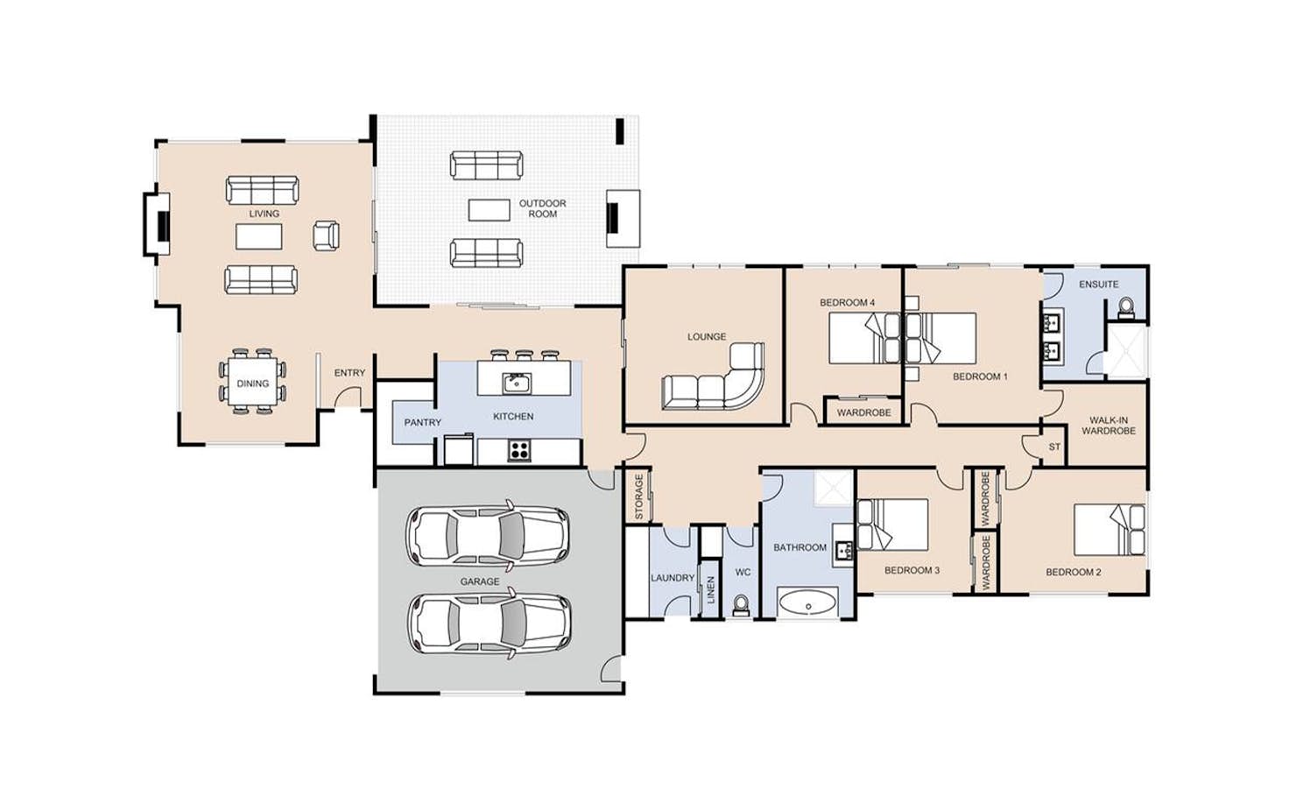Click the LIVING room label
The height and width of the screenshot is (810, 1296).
click(x=264, y=214)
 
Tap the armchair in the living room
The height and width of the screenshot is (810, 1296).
click(x=326, y=236)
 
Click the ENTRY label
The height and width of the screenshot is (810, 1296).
click(x=349, y=373)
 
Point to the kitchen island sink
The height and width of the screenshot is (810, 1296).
click(x=517, y=383)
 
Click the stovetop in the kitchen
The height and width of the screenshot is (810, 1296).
click(x=519, y=450)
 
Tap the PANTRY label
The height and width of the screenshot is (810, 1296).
click(x=422, y=422)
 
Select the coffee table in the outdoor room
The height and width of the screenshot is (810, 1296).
click(x=489, y=210)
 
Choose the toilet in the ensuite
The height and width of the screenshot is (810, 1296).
click(x=1126, y=308)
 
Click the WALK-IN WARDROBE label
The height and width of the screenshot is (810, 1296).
click(x=1109, y=426)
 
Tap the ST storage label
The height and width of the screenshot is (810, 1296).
click(x=1054, y=447)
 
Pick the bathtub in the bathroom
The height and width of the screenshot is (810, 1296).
click(x=807, y=602)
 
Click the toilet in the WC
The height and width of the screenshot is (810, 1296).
click(x=741, y=606)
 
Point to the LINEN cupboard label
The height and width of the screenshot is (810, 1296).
click(x=711, y=589)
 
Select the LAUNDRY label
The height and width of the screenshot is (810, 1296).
click(x=673, y=577)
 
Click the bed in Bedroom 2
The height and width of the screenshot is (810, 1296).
click(x=1109, y=530)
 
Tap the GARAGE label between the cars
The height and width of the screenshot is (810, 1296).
click(x=480, y=581)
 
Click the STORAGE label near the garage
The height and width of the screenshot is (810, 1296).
click(x=638, y=497)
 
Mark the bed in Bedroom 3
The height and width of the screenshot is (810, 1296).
click(x=892, y=525)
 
